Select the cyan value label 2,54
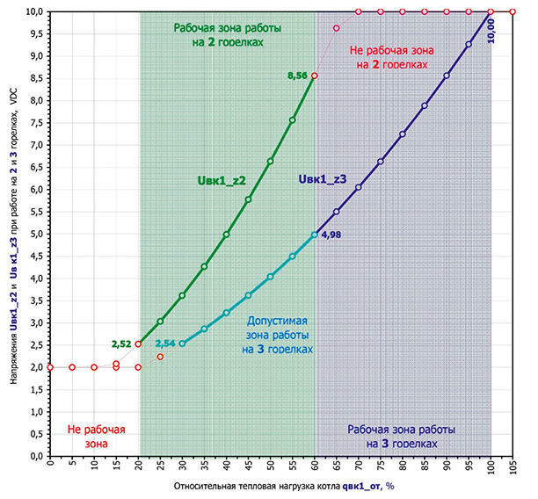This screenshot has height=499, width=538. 164,344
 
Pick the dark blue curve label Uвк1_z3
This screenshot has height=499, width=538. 324,179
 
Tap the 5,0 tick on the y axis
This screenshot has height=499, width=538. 38,234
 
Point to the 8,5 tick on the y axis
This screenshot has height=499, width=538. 38,77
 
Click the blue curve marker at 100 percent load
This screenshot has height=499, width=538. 491,11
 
